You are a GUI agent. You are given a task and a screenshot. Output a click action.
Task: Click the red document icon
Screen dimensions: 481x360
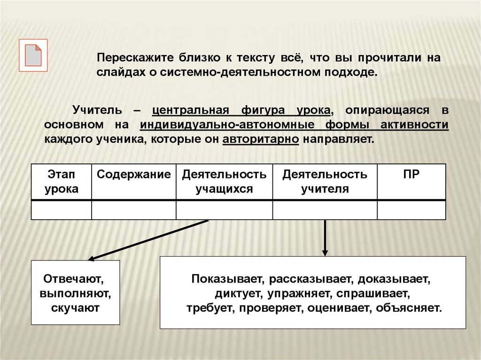click(x=33, y=55)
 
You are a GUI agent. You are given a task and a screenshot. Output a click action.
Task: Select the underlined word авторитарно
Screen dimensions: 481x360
click(x=261, y=139)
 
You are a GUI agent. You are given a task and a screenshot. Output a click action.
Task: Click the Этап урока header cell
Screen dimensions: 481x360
click(x=61, y=182)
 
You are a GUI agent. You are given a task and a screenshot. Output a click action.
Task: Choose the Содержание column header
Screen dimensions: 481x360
click(x=133, y=175)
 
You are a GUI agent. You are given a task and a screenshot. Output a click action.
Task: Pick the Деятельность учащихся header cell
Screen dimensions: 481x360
click(x=224, y=182)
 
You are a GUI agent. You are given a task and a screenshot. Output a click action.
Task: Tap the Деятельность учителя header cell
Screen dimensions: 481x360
click(x=325, y=182)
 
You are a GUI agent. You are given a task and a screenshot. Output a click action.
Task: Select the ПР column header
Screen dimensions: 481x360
click(x=411, y=175)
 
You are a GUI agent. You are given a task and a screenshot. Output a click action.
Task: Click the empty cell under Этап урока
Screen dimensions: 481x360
click(x=61, y=210)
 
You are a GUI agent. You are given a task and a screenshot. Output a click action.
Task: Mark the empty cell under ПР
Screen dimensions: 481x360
click(x=411, y=210)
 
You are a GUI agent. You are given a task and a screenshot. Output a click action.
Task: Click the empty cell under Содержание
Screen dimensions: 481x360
click(x=133, y=210)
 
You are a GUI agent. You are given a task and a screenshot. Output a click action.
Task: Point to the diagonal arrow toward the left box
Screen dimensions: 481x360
click(x=148, y=239)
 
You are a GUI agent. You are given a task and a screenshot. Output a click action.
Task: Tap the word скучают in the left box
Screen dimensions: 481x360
click(x=75, y=308)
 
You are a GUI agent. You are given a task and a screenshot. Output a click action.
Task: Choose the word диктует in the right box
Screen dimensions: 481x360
click(x=235, y=294)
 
